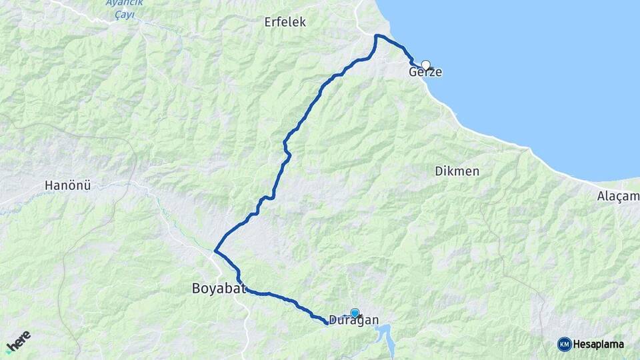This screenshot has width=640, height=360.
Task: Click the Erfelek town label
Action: [285, 22]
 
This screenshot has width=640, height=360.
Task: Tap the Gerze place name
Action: [425, 72]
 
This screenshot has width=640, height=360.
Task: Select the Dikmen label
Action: [457, 171]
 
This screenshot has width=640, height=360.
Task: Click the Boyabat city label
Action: [219, 289]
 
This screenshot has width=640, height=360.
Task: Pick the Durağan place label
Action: [353, 321]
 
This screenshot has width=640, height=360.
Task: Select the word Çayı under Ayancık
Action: [121, 13]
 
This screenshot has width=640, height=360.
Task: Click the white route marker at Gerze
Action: [425, 65]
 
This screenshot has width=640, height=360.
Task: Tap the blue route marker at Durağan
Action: [355, 313]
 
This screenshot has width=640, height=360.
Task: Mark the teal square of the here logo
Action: [9, 349]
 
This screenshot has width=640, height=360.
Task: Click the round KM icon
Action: [564, 344]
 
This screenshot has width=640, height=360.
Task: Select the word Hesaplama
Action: [598, 345]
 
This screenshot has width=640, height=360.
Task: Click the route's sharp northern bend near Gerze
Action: [377, 36]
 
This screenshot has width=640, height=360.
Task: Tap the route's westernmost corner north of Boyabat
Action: [215, 251]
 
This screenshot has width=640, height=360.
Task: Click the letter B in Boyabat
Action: [196, 289]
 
